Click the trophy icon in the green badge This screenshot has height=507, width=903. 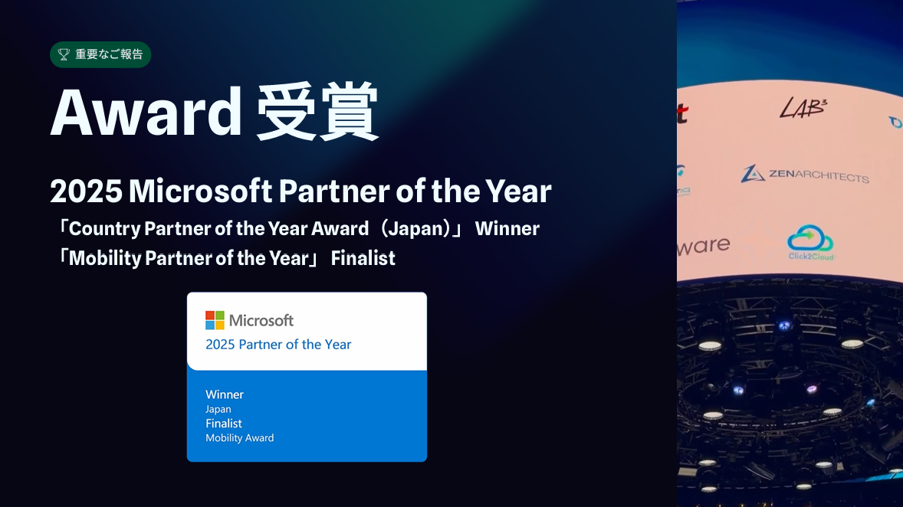(64, 54)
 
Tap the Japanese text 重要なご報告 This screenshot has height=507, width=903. (109, 54)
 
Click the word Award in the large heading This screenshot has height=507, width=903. (146, 113)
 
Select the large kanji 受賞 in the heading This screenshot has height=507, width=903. (317, 113)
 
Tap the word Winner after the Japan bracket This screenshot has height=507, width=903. (507, 228)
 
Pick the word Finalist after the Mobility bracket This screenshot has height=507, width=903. (363, 258)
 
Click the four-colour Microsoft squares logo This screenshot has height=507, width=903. (215, 320)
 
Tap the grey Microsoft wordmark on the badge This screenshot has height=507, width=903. (261, 320)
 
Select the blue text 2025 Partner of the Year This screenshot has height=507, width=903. (278, 345)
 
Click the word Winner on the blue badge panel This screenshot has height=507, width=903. (225, 394)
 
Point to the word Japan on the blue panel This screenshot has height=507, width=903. (218, 409)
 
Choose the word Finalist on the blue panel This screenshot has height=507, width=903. (224, 424)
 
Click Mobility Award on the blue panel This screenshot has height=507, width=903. (239, 438)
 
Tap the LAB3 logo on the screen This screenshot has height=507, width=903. (803, 108)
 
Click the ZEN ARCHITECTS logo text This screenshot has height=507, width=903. (805, 175)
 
